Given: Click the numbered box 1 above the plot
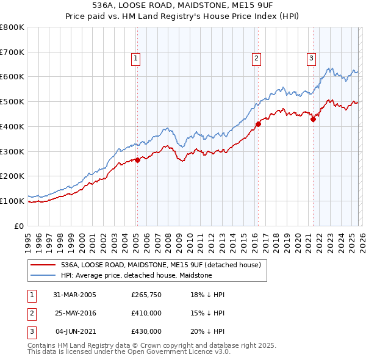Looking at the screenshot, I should pyautogui.click(x=135, y=59).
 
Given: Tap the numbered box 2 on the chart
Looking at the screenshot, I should pyautogui.click(x=255, y=59).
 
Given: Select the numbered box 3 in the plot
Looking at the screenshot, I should pyautogui.click(x=311, y=59).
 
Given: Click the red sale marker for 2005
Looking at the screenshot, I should pyautogui.click(x=138, y=160).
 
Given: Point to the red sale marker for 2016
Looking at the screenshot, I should pyautogui.click(x=258, y=124).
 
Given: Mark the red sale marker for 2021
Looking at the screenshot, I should pyautogui.click(x=313, y=119).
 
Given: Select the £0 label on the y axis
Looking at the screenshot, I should pyautogui.click(x=19, y=226).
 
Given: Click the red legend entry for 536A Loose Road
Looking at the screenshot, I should pyautogui.click(x=160, y=265).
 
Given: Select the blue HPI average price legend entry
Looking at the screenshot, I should pyautogui.click(x=136, y=275).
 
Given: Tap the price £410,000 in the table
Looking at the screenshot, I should pyautogui.click(x=146, y=313).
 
